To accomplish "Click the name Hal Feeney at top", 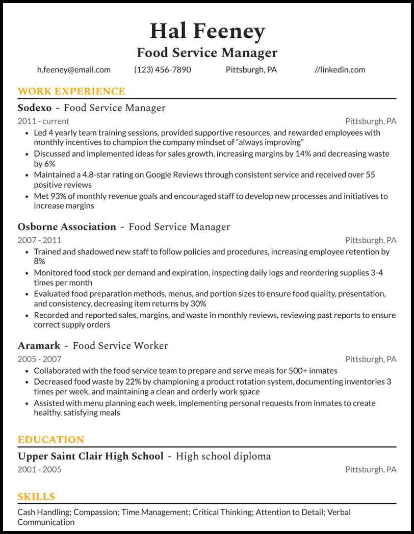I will [x=207, y=32].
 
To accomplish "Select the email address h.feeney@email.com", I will [x=74, y=70].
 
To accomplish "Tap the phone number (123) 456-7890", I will [x=163, y=70].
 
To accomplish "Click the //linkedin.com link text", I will [x=340, y=70].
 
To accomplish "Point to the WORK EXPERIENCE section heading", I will [x=71, y=92].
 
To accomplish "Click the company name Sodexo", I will [x=35, y=108].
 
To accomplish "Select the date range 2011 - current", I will [x=43, y=121].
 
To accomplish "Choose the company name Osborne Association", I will [x=67, y=227].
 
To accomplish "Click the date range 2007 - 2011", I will [x=39, y=240].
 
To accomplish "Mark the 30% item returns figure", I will [x=198, y=303].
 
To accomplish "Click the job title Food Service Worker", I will [x=120, y=346].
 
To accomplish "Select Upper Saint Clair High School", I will [x=91, y=456].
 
